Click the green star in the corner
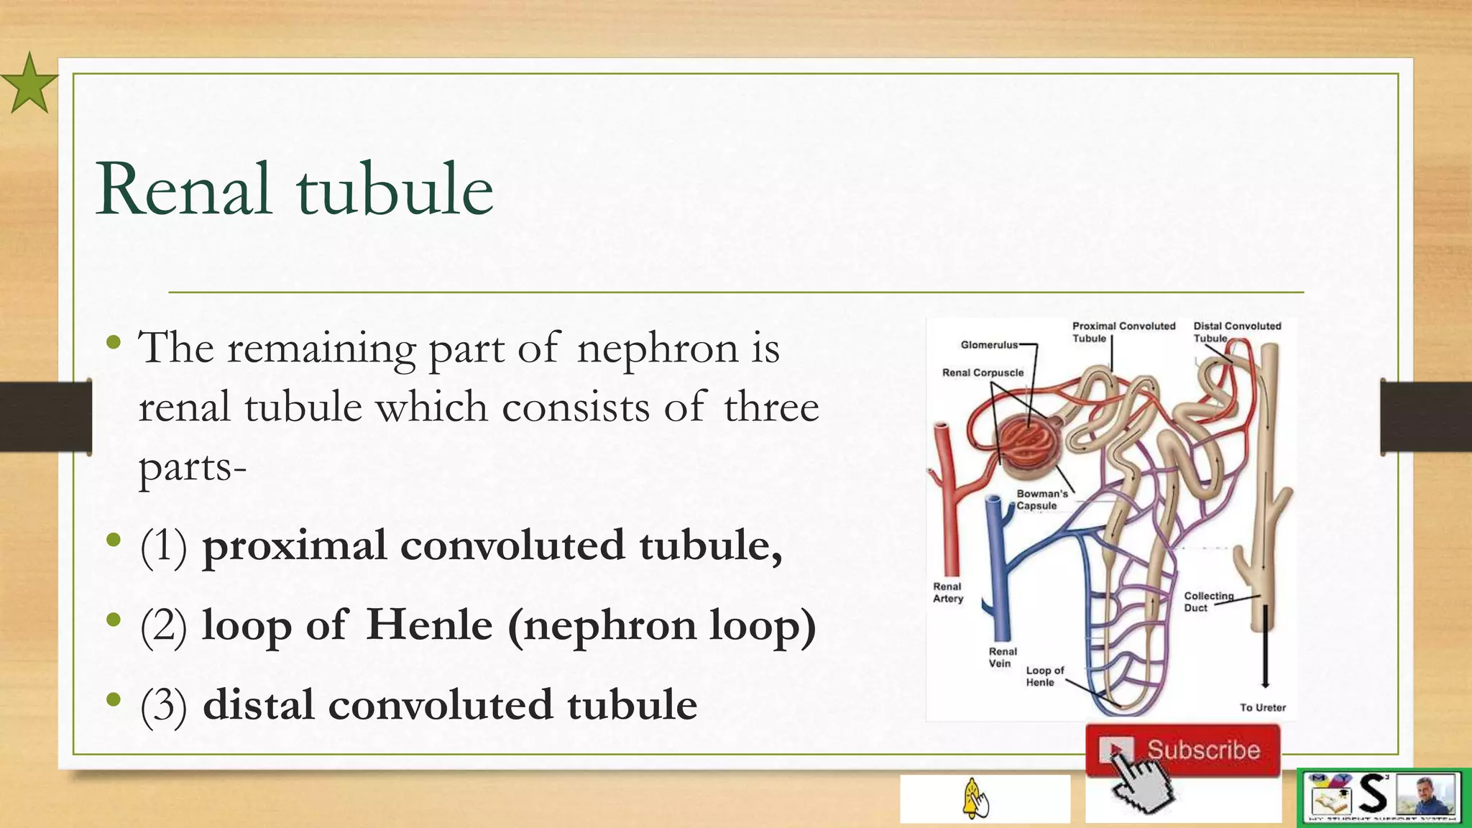coord(29,84)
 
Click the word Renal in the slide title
coord(184,189)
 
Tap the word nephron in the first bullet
coord(657,348)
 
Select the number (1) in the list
coord(163,546)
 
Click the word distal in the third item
coord(258,704)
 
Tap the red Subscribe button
coord(1183,750)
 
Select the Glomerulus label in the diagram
coord(989,345)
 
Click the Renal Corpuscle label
coord(983,372)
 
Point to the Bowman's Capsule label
coord(1041,500)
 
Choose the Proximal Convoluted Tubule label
coord(1123,332)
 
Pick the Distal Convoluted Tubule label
coord(1236,332)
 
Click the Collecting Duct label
coord(1207,602)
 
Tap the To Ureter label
coord(1262,707)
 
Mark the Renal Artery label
coord(947,592)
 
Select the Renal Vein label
coord(1002,657)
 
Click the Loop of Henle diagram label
coord(1044,676)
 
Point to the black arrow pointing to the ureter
coord(1265,647)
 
